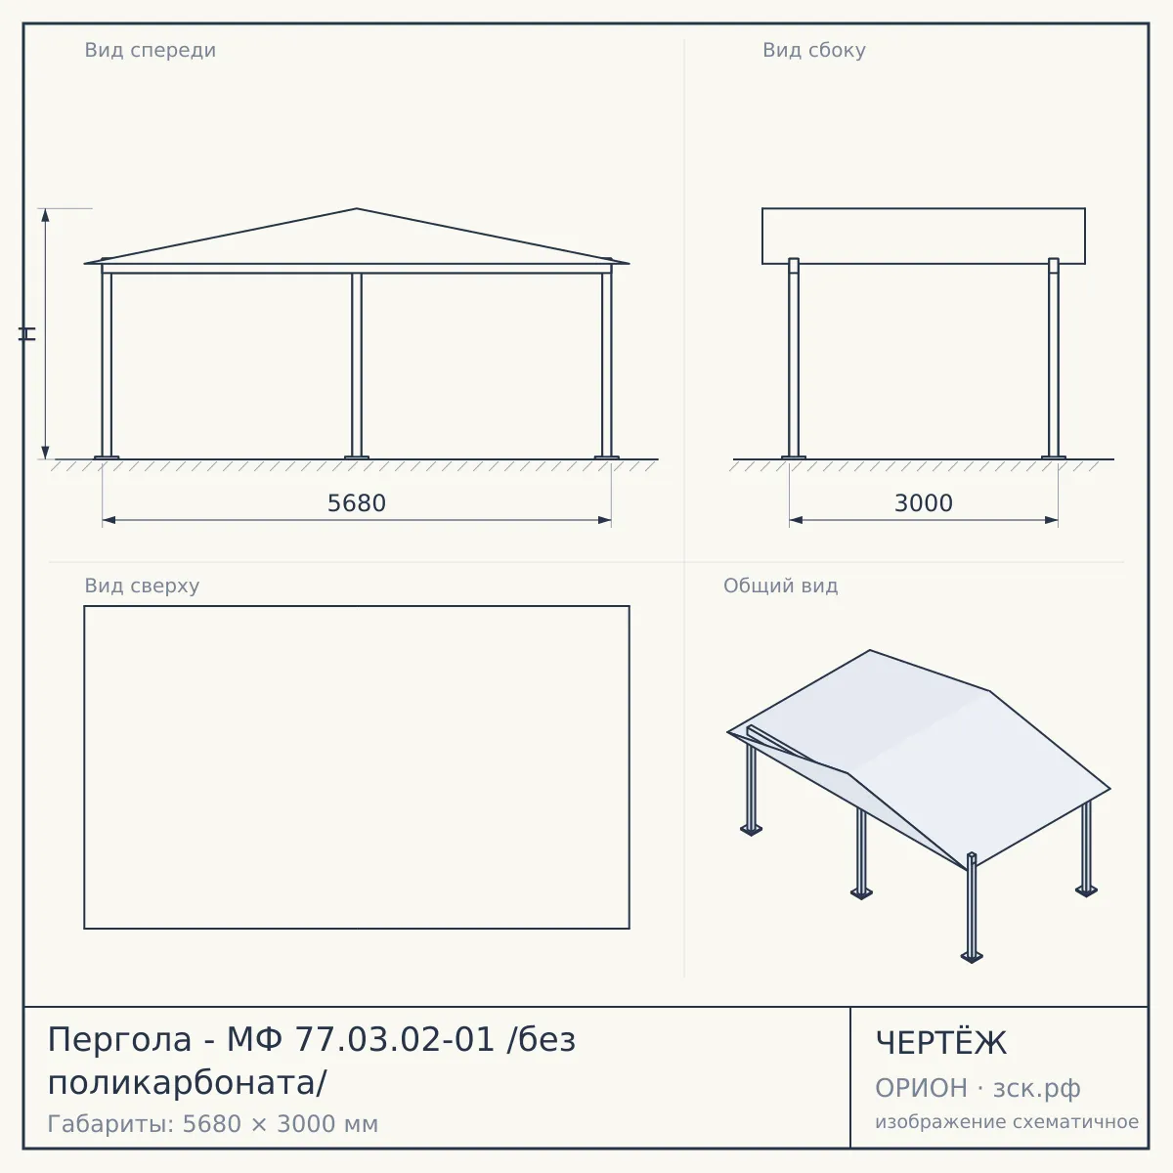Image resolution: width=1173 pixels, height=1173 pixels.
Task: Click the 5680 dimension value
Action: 357,503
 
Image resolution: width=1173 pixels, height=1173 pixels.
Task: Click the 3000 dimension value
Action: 924,503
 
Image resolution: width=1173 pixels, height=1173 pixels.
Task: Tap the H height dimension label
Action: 27,333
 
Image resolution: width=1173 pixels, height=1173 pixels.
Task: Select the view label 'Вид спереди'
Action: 151,50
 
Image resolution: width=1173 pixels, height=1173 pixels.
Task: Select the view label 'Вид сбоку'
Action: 814,50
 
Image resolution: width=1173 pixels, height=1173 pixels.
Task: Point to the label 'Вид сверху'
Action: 142,586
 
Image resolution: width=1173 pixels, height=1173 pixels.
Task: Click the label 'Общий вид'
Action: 780,586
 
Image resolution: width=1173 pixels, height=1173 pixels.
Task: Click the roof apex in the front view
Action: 357,209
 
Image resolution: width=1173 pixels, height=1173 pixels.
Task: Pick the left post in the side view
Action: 794,358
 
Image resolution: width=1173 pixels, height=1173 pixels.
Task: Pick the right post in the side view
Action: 1054,358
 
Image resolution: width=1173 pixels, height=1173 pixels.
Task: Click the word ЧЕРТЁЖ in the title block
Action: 941,1042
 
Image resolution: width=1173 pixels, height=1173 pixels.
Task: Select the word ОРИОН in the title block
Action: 921,1088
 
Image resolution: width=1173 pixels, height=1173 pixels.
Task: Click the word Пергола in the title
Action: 120,1040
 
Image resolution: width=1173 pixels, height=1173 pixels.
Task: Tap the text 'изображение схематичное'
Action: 1007,1121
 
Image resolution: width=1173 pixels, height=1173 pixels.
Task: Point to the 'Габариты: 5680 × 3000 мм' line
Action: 213,1124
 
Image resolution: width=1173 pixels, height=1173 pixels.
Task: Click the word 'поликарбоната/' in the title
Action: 188,1083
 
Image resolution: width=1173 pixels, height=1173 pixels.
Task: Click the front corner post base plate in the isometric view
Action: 972,958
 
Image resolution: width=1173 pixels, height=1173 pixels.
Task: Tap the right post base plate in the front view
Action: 606,457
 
